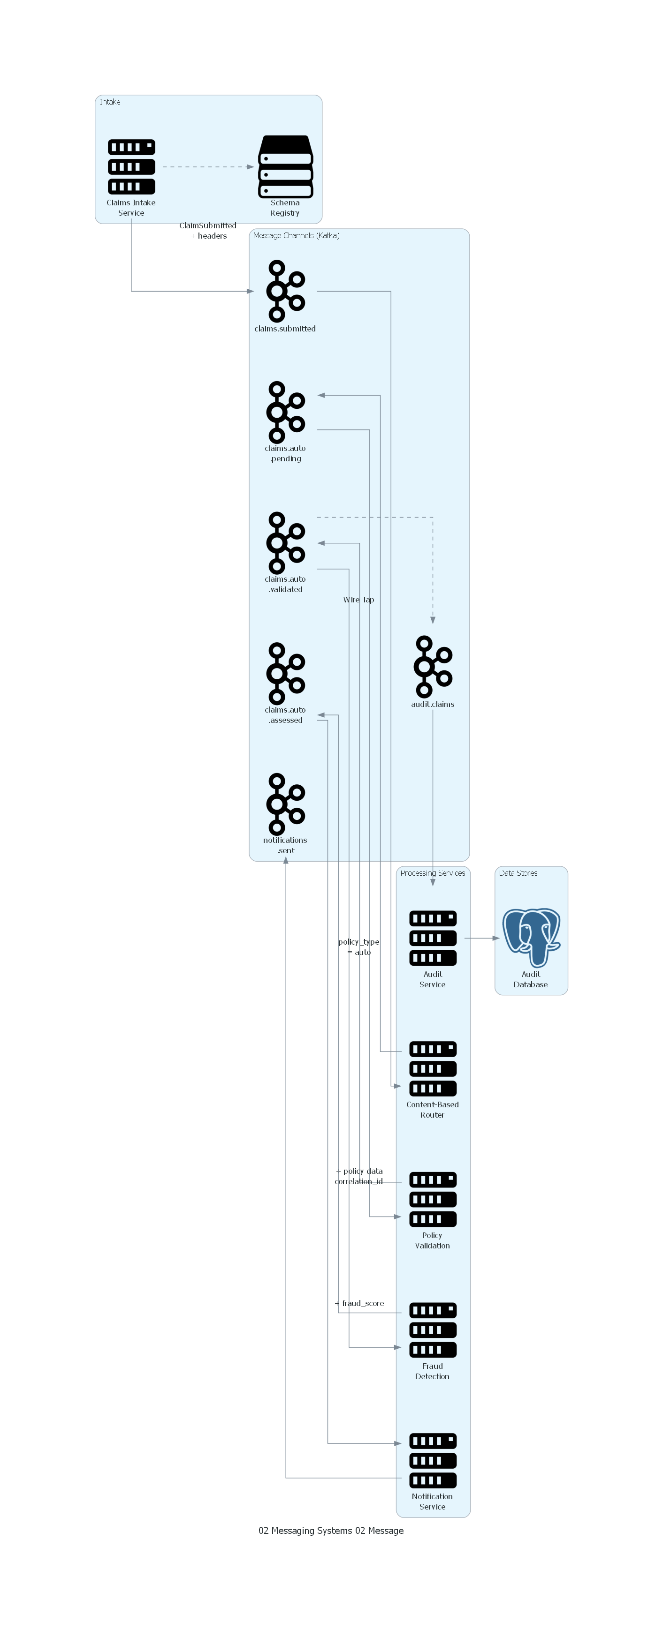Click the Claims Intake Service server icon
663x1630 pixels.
click(131, 167)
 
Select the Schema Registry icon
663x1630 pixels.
click(285, 167)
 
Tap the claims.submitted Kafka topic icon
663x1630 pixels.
click(285, 291)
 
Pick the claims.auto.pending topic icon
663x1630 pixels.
click(285, 412)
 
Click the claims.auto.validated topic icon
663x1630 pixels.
click(285, 543)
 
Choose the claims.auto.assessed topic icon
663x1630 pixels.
click(285, 673)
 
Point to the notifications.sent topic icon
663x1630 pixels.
click(285, 804)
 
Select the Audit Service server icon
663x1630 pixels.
click(433, 938)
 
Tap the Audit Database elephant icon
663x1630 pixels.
click(531, 938)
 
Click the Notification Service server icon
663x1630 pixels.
click(433, 1460)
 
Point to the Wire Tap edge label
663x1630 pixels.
click(358, 599)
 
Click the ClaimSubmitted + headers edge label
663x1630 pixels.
click(208, 230)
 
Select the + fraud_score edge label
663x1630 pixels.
click(359, 1303)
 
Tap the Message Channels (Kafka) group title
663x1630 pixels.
click(296, 235)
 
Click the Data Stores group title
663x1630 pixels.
click(518, 873)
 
